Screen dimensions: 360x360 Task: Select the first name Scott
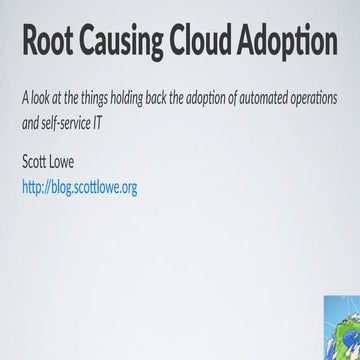(36, 162)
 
